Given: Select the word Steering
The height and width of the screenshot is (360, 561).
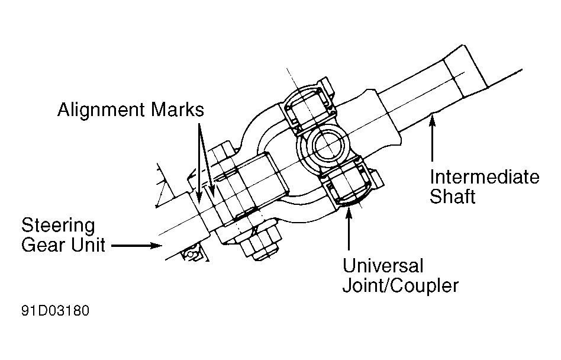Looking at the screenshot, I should pyautogui.click(x=58, y=226).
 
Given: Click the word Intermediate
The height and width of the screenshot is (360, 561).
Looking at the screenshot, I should pyautogui.click(x=484, y=177).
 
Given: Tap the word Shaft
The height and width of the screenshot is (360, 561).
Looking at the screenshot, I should pyautogui.click(x=453, y=196).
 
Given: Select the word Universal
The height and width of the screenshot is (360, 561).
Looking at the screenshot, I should pyautogui.click(x=382, y=265).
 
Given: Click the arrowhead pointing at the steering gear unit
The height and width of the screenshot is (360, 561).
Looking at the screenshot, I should pyautogui.click(x=155, y=245).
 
